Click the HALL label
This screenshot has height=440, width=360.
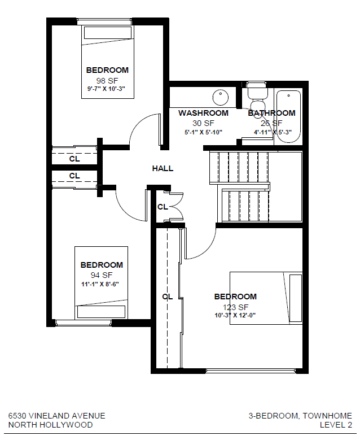point(163,168)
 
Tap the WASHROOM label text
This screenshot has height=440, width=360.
point(203,113)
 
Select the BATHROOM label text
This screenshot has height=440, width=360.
point(271,113)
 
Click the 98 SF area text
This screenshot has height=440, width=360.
point(107,80)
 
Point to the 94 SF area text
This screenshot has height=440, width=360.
point(102,275)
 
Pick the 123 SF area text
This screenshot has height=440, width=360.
point(235,306)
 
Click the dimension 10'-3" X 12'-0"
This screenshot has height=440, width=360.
point(235,315)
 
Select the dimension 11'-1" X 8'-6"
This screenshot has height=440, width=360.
point(102,284)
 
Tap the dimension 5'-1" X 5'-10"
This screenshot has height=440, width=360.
point(203,132)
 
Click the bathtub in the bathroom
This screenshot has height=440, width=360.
point(288,116)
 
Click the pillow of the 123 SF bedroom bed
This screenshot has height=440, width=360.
point(296,298)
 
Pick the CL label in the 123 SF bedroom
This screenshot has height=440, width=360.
point(167,297)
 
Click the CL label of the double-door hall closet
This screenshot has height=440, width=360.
point(163,207)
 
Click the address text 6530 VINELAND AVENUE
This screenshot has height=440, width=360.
point(56,416)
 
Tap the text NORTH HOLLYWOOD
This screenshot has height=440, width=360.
point(50,425)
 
